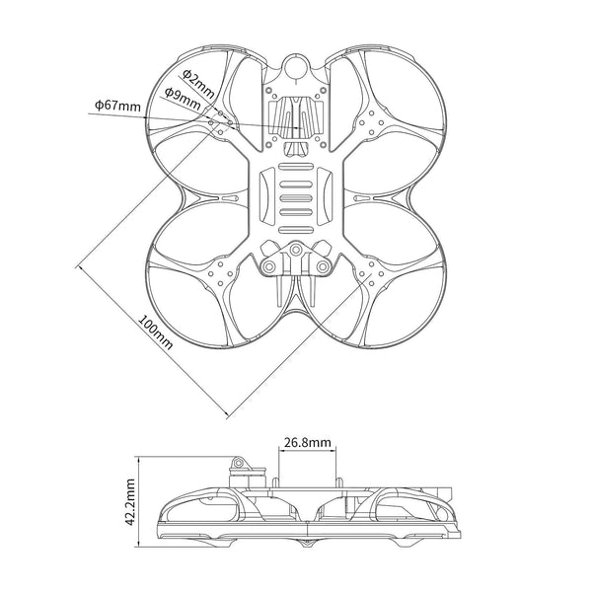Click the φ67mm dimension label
coord(116,104)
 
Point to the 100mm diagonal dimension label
coord(155,334)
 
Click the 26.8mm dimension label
coord(306,444)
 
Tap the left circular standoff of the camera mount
coord(269,267)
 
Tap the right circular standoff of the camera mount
coord(323,267)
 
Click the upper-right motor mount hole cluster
coord(372,122)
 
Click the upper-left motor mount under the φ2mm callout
coord(221,122)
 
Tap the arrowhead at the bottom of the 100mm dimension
coord(230,411)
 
